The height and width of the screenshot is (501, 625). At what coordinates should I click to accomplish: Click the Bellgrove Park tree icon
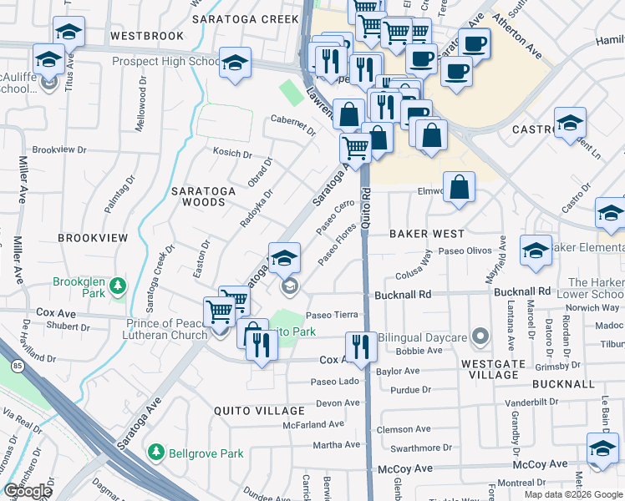click(155, 453)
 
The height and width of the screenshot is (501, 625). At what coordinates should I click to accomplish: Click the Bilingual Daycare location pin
click(480, 337)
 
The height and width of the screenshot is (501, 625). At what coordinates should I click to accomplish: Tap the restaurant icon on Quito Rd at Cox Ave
click(361, 345)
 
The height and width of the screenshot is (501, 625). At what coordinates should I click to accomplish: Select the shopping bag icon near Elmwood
click(459, 187)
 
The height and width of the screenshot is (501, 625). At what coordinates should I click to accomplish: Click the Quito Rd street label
click(366, 205)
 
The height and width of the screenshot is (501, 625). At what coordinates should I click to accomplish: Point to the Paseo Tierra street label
click(332, 315)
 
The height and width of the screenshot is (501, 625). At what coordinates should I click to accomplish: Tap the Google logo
click(28, 491)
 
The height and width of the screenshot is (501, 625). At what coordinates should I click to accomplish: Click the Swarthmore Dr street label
click(415, 448)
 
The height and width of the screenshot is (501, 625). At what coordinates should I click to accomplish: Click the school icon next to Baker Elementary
click(536, 250)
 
